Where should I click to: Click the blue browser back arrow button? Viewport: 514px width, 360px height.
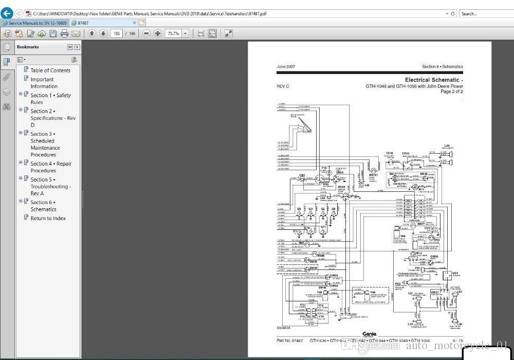(x=7, y=13)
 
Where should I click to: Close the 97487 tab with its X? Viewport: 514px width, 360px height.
(x=135, y=23)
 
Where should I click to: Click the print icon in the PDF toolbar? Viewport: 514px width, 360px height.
(x=64, y=33)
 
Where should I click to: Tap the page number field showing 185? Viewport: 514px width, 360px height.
(x=116, y=33)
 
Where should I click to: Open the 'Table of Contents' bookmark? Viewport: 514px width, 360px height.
(x=50, y=70)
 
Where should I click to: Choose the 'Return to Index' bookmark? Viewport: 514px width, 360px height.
(x=48, y=218)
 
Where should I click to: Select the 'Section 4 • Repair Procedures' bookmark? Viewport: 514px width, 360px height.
(x=50, y=167)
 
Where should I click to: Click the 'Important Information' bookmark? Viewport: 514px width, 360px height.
(x=42, y=83)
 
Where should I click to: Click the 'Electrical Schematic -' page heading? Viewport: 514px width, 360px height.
(x=433, y=80)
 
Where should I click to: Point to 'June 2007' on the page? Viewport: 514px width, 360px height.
(x=286, y=67)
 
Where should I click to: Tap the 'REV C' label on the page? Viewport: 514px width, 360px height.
(x=283, y=86)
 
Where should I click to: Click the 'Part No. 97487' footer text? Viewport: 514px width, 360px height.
(x=289, y=340)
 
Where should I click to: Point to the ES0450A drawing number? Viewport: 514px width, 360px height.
(x=283, y=328)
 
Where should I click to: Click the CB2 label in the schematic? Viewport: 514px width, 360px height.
(x=302, y=175)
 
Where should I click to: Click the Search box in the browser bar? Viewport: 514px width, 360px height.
(x=486, y=13)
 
